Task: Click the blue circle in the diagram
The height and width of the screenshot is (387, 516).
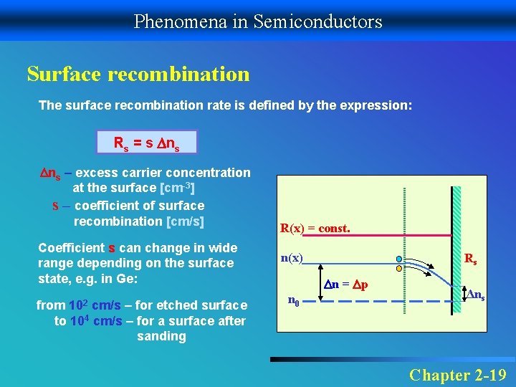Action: tap(398, 259)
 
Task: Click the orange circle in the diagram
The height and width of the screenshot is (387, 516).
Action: tap(398, 269)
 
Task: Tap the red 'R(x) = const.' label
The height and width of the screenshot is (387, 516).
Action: tap(315, 229)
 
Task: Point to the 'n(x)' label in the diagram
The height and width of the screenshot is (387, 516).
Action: tap(292, 258)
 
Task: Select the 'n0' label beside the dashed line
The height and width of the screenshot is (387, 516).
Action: tap(293, 301)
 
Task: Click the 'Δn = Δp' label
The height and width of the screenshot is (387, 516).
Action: tap(346, 284)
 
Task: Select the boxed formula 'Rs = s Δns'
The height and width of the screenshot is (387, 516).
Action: tap(145, 143)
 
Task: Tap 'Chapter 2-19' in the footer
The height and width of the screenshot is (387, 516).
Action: tap(457, 374)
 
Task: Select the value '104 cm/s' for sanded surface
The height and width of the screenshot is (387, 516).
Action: tap(96, 321)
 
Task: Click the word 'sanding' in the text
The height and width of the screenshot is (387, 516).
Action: tap(161, 336)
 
